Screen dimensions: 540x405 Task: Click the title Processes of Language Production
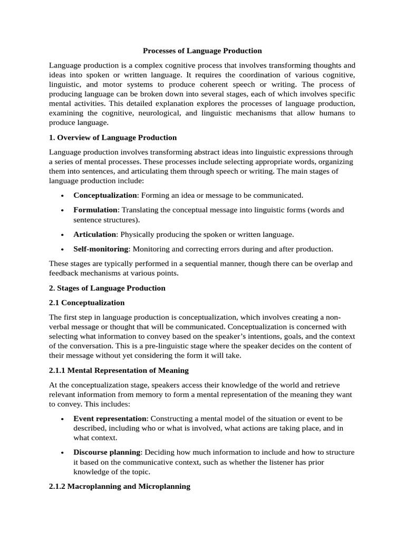(202, 51)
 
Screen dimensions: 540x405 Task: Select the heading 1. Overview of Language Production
(113, 138)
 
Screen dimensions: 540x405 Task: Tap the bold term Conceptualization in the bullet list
(105, 195)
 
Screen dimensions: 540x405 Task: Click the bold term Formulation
(96, 210)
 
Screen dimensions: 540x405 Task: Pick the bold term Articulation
(94, 234)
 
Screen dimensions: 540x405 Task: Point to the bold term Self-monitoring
(101, 248)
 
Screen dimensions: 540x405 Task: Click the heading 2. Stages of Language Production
(107, 288)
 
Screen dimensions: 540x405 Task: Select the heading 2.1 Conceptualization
(87, 303)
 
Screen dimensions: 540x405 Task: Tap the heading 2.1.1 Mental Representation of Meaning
(119, 370)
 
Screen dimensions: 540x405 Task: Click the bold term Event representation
(109, 418)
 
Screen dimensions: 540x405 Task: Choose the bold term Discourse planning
(107, 452)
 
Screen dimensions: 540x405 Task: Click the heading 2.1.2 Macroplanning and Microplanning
(119, 486)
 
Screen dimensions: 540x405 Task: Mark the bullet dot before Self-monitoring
(63, 249)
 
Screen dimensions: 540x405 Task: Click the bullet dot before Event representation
(63, 419)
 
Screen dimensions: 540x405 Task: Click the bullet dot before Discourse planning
(63, 453)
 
